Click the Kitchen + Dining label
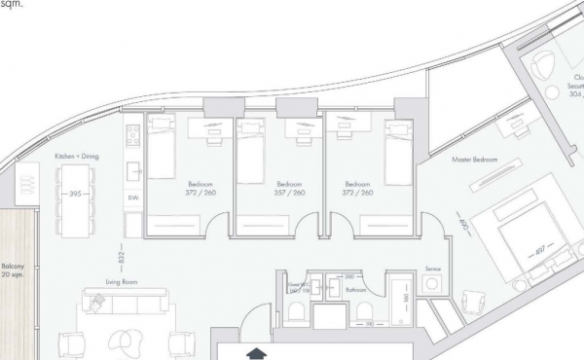point(77,156)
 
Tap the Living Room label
point(119,282)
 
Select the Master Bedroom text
point(475,159)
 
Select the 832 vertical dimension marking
point(121,255)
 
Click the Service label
point(435,269)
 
